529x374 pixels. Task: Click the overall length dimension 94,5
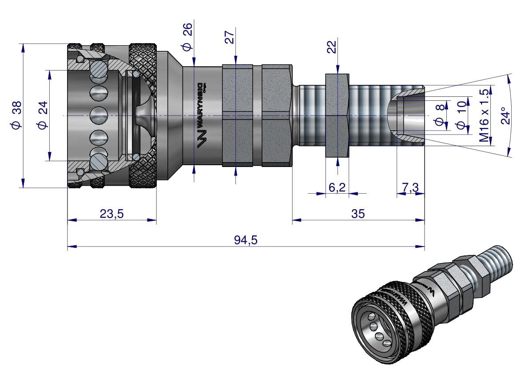pyautogui.click(x=246, y=240)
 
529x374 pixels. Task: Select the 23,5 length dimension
pyautogui.click(x=111, y=214)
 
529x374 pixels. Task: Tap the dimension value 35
pyautogui.click(x=358, y=214)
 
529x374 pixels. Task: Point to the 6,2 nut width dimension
pyautogui.click(x=337, y=187)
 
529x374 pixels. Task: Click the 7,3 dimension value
pyautogui.click(x=410, y=187)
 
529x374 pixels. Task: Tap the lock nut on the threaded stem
pyautogui.click(x=338, y=115)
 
